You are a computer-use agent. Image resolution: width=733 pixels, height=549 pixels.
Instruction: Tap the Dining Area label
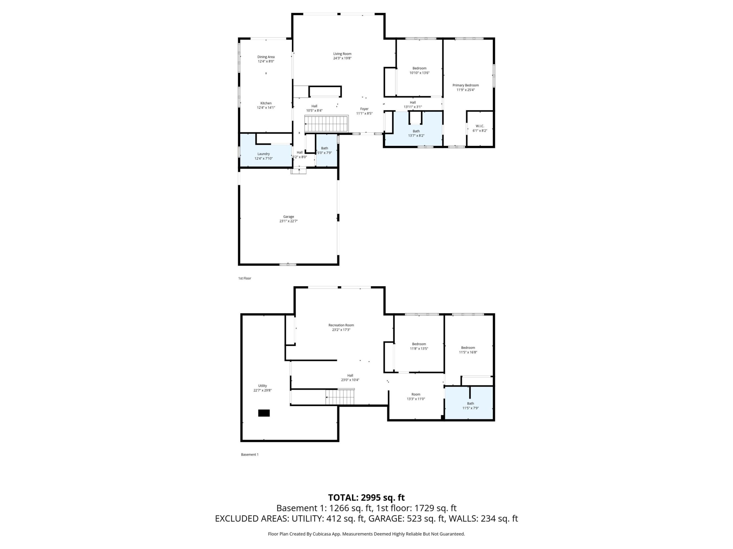click(x=266, y=57)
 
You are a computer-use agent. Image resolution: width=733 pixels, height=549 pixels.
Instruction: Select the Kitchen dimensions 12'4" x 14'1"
click(x=266, y=108)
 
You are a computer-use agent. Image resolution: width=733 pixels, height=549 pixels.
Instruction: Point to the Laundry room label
click(x=263, y=154)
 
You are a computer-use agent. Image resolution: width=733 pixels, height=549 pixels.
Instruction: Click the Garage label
click(x=288, y=217)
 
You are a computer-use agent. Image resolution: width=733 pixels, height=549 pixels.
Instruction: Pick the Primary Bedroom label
click(x=466, y=85)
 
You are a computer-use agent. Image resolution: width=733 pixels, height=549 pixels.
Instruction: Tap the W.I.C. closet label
click(x=480, y=126)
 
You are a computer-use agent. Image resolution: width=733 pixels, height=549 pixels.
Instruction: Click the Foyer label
click(x=364, y=109)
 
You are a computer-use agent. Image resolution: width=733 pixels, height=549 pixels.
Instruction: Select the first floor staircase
click(x=326, y=124)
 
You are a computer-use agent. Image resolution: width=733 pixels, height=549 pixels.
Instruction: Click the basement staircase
click(x=340, y=397)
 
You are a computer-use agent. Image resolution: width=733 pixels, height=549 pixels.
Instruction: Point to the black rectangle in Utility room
click(x=264, y=413)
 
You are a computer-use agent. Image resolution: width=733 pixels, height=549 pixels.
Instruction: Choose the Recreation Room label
click(x=341, y=325)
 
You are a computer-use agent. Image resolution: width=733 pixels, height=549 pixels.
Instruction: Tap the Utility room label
click(x=263, y=386)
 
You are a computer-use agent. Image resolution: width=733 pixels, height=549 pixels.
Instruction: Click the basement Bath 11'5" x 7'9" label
click(x=470, y=406)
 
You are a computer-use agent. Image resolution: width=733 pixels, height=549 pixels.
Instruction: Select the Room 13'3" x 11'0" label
click(x=415, y=396)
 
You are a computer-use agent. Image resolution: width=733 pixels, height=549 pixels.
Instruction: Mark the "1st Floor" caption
click(x=245, y=278)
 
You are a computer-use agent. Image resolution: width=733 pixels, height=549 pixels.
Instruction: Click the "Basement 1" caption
click(x=249, y=454)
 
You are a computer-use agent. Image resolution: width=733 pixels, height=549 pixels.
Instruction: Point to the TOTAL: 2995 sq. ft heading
click(x=366, y=497)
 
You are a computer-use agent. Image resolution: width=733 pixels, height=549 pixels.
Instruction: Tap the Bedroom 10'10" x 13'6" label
click(x=419, y=71)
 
